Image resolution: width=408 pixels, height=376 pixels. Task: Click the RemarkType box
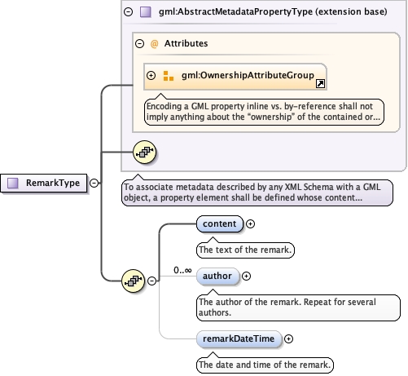click(44, 183)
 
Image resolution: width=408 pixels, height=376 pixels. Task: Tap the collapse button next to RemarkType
click(94, 183)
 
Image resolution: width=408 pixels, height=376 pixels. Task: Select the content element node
click(220, 223)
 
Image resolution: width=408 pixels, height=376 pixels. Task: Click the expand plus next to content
click(250, 223)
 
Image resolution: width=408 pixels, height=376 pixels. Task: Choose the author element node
click(217, 276)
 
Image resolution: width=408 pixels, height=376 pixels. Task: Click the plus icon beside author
click(246, 276)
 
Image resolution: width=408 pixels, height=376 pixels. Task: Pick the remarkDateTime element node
click(239, 338)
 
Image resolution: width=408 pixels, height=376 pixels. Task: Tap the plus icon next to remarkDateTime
click(288, 338)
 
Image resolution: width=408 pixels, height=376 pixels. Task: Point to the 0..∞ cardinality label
click(182, 270)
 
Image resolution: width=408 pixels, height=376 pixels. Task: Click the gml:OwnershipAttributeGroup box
click(235, 77)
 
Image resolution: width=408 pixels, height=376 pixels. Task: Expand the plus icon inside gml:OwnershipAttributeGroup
click(151, 75)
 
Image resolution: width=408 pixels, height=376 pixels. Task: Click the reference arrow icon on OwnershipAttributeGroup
click(320, 83)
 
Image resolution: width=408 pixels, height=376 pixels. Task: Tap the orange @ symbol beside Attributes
click(154, 44)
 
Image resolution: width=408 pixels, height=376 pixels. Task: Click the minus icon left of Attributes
click(139, 43)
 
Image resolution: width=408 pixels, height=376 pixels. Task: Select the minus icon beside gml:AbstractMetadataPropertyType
click(128, 11)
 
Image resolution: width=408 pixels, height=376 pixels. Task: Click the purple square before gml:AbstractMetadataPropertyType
click(146, 12)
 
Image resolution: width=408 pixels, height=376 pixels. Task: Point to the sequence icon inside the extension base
click(145, 152)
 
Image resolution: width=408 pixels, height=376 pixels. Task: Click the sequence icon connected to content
click(133, 281)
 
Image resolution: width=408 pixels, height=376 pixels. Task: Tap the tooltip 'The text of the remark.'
click(245, 250)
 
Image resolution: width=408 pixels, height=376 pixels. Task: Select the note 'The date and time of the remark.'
click(265, 365)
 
